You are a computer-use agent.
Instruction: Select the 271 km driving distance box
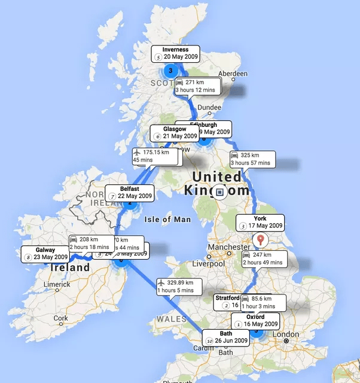point(197,86)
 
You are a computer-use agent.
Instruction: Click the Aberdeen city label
point(233,74)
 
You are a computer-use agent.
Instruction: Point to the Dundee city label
point(209,107)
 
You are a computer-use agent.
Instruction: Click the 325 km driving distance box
point(251,159)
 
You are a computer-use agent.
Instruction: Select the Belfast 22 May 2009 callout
point(129,192)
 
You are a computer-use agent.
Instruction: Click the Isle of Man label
point(167,220)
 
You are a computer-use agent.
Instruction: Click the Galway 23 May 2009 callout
point(45,254)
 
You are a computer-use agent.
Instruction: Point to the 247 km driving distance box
point(264,259)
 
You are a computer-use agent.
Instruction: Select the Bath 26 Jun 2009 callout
point(225,337)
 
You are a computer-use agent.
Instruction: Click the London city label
point(285,334)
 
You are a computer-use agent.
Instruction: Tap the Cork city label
point(60,318)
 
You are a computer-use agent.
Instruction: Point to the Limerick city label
point(59,284)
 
